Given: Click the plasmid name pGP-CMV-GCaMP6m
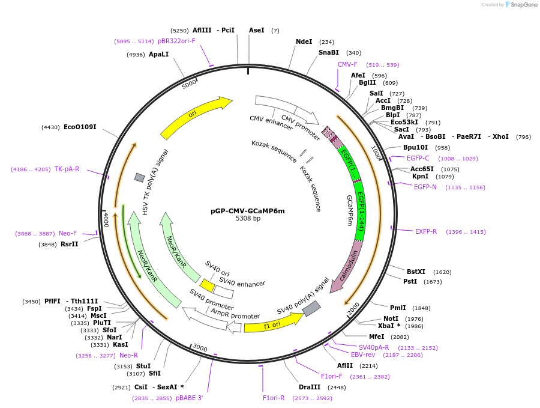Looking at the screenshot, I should point(247,211).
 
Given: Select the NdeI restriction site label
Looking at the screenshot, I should point(304,41).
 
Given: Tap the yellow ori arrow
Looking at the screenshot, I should point(195,117).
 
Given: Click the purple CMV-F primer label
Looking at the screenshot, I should point(347,64).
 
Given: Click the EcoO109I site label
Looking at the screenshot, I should point(80,127).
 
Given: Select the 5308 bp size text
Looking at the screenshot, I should point(248,219).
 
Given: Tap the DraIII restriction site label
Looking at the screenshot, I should point(310,387).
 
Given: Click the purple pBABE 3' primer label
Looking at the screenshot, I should point(190,398).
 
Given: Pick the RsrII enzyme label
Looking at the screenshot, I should point(70,244).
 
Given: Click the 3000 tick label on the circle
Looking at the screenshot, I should point(199,349).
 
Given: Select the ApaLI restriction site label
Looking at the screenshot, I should point(159,54).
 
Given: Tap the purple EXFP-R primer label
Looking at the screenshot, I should point(426,231).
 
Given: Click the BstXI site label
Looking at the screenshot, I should point(416,272).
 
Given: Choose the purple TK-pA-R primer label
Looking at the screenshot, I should point(67,169).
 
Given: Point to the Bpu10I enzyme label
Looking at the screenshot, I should point(415,147).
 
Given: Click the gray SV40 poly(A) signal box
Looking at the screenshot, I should point(311,309).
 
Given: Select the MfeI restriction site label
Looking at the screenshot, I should point(376,336).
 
